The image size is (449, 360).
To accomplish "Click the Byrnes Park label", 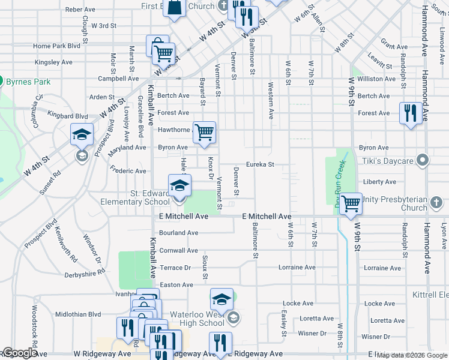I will (x=28, y=82).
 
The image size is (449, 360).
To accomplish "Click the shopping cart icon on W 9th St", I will (x=351, y=203).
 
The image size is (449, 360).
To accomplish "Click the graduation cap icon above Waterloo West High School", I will (x=221, y=298).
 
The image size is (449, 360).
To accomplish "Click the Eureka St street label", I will (x=260, y=164).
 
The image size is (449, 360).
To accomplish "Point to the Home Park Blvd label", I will (x=57, y=46).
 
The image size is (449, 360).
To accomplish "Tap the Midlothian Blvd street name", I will (x=78, y=314).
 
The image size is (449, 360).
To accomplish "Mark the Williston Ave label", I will (x=376, y=79).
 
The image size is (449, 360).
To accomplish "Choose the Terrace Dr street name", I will (x=175, y=268).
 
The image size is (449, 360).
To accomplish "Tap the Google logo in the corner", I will (x=19, y=353).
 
